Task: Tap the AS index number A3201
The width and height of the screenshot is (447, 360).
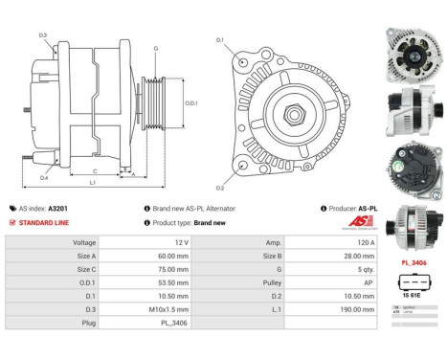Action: pos(59,208)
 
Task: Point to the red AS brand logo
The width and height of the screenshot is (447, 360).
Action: pos(360,222)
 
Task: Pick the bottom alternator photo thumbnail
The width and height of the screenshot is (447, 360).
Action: pos(413,222)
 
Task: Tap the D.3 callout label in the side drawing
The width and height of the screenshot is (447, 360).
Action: pos(44,35)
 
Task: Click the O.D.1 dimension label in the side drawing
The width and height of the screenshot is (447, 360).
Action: pos(190,103)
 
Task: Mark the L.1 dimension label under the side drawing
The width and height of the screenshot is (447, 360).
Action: pos(92,181)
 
